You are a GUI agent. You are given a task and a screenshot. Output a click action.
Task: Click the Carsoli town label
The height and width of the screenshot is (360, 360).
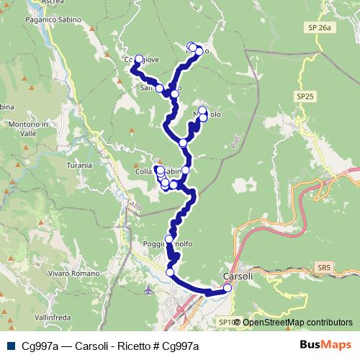(x=238, y=276)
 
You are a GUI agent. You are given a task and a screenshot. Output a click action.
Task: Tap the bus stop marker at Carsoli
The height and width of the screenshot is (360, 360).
(x=227, y=288)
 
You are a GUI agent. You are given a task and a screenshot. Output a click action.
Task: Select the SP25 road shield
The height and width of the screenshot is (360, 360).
(x=305, y=95)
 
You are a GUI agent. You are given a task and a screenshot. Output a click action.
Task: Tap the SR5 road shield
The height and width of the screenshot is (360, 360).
(x=323, y=267)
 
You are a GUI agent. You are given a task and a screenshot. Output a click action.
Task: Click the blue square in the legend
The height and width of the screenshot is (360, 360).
(x=9, y=346)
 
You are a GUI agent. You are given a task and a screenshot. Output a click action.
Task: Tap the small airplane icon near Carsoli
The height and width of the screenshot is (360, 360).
(x=149, y=291)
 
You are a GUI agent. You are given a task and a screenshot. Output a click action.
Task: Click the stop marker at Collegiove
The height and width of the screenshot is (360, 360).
(x=139, y=60)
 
